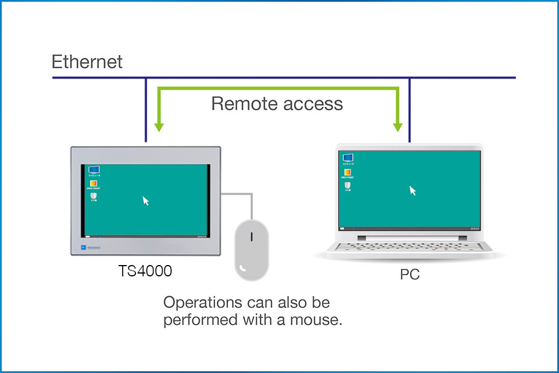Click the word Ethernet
point(87,62)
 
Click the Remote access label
point(277,103)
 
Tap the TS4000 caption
point(145,271)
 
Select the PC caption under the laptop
point(410,276)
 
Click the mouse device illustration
point(252,249)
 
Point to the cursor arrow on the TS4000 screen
point(146,201)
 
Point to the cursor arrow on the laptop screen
point(413,190)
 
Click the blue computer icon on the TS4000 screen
point(94,170)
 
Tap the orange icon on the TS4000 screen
point(94,184)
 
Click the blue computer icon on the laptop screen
point(348,158)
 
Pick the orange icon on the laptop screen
point(348,172)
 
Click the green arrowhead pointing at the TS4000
point(159,126)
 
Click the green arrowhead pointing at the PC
point(399,126)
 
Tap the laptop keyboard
point(409,245)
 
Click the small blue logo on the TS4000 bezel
point(83,248)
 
